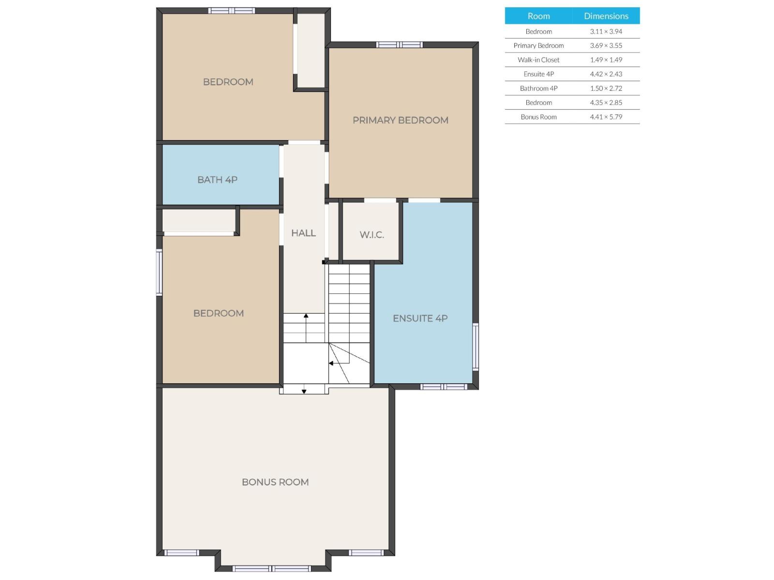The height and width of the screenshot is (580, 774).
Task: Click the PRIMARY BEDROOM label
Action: pyautogui.click(x=400, y=120)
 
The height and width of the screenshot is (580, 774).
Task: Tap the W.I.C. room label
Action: pyautogui.click(x=372, y=235)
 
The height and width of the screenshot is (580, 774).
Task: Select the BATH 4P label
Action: pyautogui.click(x=217, y=180)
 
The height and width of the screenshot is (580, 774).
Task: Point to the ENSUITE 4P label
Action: pyautogui.click(x=420, y=319)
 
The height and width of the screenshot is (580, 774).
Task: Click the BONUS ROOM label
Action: pyautogui.click(x=275, y=482)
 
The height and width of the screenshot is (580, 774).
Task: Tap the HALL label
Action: pyautogui.click(x=303, y=233)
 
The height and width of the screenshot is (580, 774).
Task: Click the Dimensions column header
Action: pyautogui.click(x=606, y=16)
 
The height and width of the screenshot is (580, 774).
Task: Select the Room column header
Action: pyautogui.click(x=538, y=16)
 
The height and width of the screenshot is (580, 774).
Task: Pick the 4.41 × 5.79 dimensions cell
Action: pyautogui.click(x=606, y=117)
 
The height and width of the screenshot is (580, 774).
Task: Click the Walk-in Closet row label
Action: pyautogui.click(x=538, y=60)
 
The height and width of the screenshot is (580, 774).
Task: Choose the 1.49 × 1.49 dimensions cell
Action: pyautogui.click(x=606, y=60)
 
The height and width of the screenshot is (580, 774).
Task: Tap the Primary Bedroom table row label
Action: pyautogui.click(x=538, y=45)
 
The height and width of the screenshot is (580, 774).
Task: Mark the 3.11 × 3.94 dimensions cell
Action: pyautogui.click(x=606, y=31)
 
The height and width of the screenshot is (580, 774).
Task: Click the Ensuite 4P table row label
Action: pyautogui.click(x=538, y=74)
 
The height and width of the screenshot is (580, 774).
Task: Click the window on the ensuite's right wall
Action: pyautogui.click(x=476, y=347)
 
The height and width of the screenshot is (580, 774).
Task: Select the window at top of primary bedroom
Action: pyautogui.click(x=400, y=45)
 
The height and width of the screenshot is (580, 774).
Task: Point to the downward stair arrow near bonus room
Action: pyautogui.click(x=304, y=391)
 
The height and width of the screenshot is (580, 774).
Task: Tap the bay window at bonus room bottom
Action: pyautogui.click(x=272, y=568)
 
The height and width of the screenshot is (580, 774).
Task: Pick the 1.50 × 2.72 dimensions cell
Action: pyautogui.click(x=606, y=88)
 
